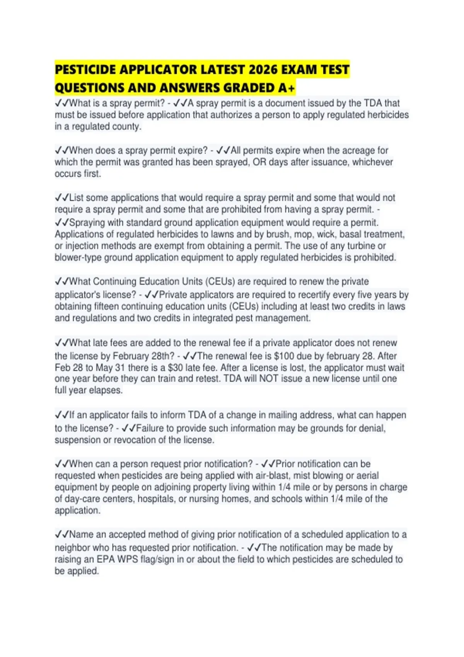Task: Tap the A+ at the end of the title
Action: [287, 89]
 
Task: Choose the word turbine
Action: [361, 246]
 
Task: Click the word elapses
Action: [106, 390]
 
